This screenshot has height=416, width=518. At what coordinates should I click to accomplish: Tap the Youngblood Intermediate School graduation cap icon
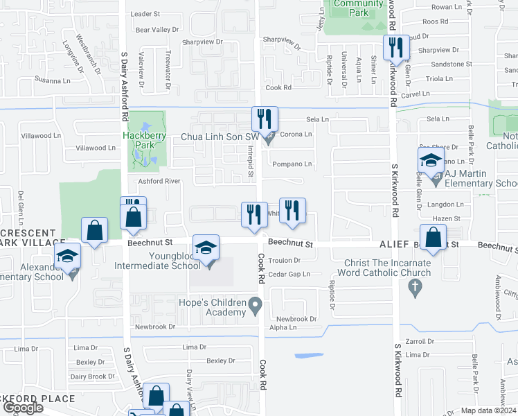[206, 248]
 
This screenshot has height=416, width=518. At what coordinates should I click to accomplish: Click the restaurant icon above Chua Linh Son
[264, 119]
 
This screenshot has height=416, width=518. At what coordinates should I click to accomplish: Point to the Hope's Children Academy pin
[256, 304]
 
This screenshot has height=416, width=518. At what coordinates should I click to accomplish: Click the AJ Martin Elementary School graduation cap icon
[431, 161]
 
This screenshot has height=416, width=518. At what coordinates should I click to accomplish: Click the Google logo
[23, 408]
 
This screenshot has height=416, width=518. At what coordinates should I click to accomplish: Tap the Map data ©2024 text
[488, 410]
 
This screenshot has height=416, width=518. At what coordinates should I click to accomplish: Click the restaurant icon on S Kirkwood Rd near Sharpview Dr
[396, 47]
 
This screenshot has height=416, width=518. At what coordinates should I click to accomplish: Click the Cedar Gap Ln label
[289, 274]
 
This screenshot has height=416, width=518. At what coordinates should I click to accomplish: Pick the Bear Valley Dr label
[157, 30]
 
